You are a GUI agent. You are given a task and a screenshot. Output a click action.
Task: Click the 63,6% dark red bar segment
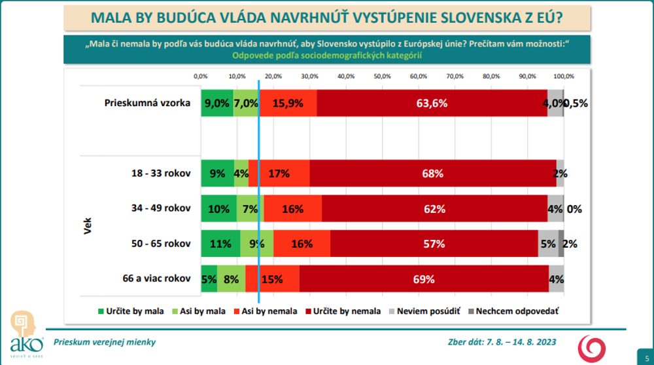432,103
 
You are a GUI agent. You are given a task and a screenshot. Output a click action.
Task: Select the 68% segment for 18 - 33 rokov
433,174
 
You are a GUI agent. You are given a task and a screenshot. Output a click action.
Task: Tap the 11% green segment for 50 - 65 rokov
220,243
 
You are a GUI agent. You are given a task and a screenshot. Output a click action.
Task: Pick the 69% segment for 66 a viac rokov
424,279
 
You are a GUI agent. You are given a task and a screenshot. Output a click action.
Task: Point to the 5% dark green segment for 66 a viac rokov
209,279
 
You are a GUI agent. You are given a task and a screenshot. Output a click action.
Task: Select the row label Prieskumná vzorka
148,103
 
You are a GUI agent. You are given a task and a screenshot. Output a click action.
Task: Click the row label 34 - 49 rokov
160,208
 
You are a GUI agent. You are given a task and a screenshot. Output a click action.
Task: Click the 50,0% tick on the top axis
382,76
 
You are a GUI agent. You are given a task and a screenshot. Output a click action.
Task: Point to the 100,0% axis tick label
563,76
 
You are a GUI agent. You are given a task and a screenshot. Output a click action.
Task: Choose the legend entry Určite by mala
128,311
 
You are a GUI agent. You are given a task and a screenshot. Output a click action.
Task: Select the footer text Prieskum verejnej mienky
105,341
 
